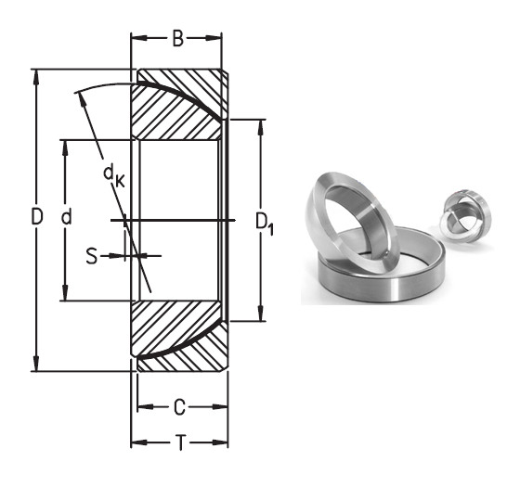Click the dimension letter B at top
coord(177,39)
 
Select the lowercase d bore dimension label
coord(66,220)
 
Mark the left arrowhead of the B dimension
coord(135,39)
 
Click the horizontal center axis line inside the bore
coord(176,220)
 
